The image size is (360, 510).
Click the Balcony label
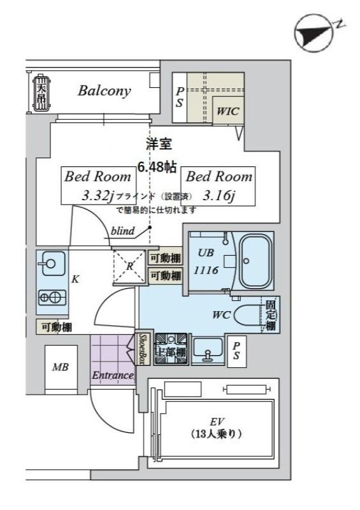(x=104, y=91)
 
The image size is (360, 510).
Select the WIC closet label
(x=227, y=111)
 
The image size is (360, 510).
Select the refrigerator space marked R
(x=129, y=267)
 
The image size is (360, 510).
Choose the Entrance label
(x=113, y=375)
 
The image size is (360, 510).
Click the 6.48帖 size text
(x=157, y=168)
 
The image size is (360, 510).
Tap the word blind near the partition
(x=122, y=231)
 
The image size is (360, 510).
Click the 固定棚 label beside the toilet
(x=271, y=315)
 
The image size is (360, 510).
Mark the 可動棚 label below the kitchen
(x=57, y=327)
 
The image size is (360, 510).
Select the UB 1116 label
(x=206, y=261)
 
